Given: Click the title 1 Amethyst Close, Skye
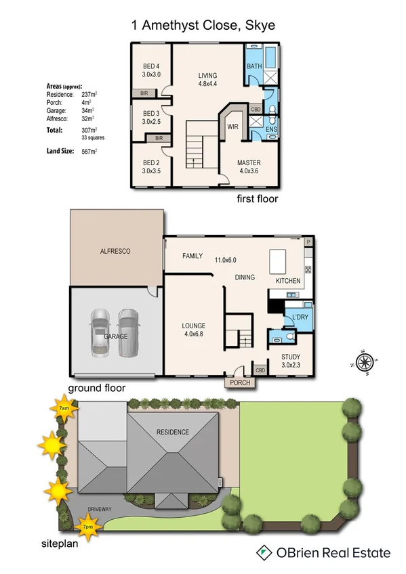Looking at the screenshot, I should point(203,26).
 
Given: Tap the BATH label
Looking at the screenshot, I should point(254,66).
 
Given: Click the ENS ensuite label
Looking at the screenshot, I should point(271,129).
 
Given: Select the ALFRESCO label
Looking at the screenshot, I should point(115,251).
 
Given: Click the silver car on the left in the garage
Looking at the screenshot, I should point(100,333).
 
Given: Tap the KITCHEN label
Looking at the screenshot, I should point(287,280).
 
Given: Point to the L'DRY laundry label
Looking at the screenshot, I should point(300,317).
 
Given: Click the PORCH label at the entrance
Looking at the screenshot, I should point(240,382).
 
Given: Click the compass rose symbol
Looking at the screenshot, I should point(366,363).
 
